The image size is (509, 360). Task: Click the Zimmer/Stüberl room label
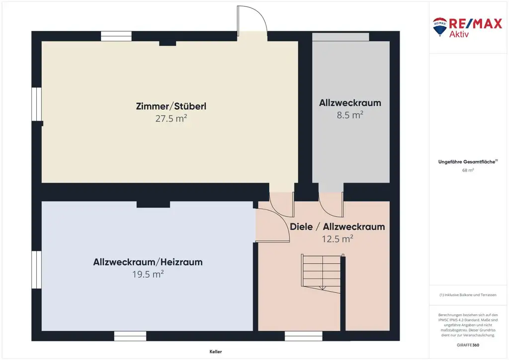171,106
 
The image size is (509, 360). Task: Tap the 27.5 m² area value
171,118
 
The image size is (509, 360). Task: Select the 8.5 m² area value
350,115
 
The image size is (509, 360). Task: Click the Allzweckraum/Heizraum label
148,262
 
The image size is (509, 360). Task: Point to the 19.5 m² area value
148,274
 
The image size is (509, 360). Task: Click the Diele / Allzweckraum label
338,227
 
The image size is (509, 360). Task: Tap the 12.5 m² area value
338,239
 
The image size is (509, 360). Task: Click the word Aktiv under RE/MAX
459,34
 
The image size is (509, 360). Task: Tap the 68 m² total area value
468,170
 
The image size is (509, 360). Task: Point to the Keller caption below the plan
216,352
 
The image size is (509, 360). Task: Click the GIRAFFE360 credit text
468,345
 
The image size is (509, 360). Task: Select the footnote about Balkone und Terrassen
468,295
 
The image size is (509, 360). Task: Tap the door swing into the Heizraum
272,225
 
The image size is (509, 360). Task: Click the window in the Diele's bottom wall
304,336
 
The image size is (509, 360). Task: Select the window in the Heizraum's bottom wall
130,336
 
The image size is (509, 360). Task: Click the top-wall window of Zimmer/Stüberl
116,36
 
